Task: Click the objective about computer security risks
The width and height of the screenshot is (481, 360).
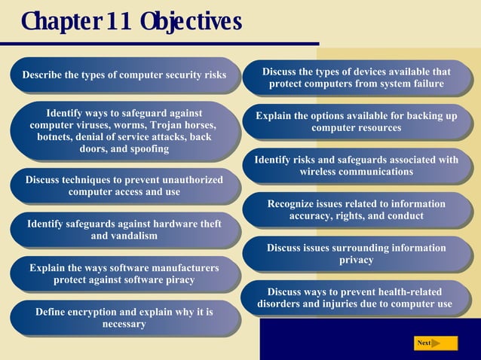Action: [124, 75]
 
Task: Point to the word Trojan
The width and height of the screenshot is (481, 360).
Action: [166, 125]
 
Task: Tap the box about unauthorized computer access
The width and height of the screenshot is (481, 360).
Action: [124, 185]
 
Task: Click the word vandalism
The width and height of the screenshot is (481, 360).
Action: [135, 236]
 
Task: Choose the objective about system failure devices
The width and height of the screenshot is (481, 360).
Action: [356, 78]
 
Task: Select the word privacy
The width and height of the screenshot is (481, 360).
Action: [356, 260]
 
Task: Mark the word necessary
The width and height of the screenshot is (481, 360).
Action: [124, 324]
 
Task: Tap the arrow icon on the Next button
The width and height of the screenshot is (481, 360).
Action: [436, 343]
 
